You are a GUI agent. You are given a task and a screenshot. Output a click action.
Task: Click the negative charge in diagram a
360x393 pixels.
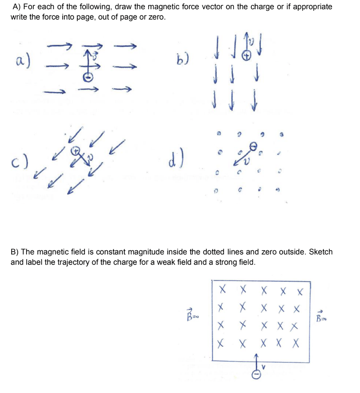(88, 76)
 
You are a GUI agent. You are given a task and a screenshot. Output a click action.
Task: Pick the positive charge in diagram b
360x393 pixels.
(246, 56)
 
